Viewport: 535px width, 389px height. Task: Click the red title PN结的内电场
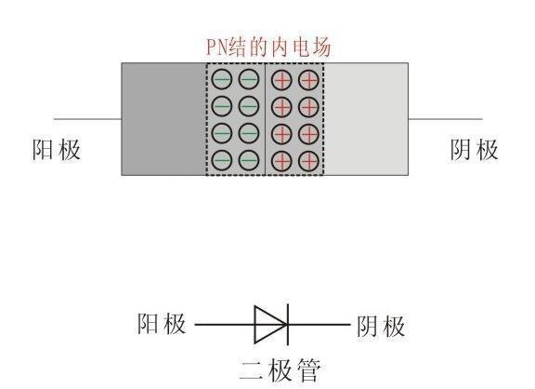point(268,47)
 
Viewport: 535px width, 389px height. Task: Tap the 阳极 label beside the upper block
point(57,150)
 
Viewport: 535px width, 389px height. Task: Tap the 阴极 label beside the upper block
point(475,150)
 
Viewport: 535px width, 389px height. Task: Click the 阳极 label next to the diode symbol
point(162,323)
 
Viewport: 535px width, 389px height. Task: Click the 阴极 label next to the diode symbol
point(381,326)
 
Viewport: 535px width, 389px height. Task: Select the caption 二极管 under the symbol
point(281,370)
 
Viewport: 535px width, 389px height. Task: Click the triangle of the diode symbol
point(270,325)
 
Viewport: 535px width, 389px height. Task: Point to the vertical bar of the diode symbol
point(288,325)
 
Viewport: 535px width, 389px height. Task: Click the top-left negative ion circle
point(222,79)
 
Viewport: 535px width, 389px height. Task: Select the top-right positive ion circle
point(308,80)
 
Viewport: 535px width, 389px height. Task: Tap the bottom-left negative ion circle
point(222,160)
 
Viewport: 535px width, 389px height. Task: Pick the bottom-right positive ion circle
point(308,161)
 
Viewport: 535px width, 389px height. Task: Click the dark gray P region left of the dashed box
point(163,119)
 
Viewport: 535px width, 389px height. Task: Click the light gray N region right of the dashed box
point(366,119)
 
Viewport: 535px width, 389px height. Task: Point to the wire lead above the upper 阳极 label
point(87,119)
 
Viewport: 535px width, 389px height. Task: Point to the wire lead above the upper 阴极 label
point(446,119)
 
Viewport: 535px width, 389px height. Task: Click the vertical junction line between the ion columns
point(265,119)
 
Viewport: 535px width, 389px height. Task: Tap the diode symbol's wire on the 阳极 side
point(225,325)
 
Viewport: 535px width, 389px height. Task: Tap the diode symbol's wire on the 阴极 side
point(320,325)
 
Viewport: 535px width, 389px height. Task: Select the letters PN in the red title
point(216,47)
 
